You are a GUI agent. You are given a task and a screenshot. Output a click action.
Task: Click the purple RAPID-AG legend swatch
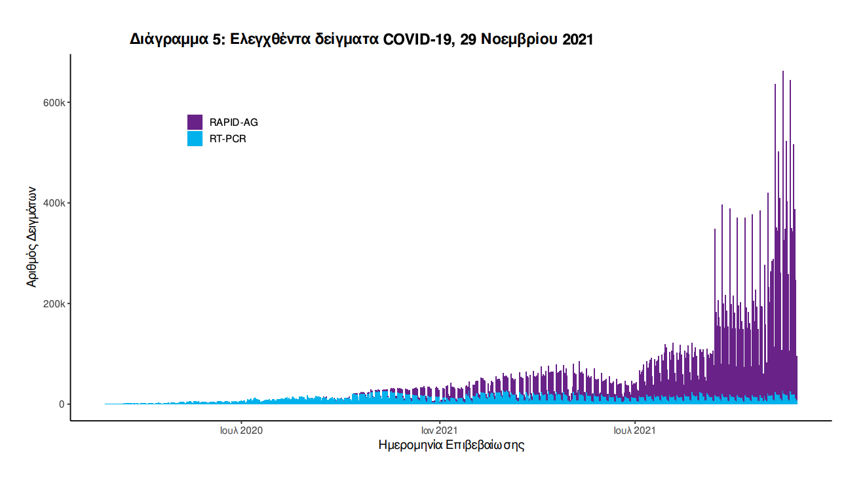click(195, 122)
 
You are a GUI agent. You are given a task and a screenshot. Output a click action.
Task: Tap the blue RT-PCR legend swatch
click(195, 138)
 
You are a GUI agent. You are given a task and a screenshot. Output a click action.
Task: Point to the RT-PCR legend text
click(228, 139)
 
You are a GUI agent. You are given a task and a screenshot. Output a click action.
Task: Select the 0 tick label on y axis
click(62, 404)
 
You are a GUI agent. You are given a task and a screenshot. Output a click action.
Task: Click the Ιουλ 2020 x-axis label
click(241, 431)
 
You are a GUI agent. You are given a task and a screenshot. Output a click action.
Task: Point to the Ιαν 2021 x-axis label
click(439, 431)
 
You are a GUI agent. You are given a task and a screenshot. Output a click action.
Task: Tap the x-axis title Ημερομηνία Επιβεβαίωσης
click(452, 446)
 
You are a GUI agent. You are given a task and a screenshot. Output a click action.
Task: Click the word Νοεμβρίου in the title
click(520, 39)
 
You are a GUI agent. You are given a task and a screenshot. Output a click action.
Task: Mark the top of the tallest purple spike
click(782, 72)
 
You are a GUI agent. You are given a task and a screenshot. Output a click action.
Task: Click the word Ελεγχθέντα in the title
click(271, 39)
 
